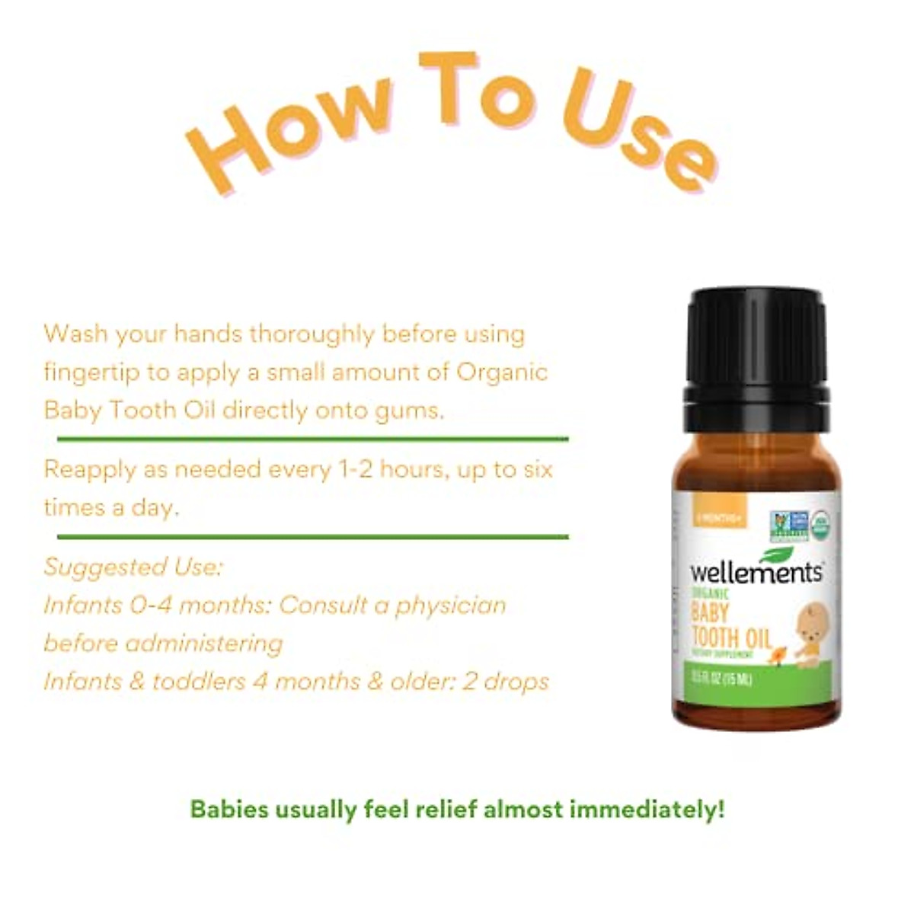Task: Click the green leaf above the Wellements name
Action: click(x=777, y=554)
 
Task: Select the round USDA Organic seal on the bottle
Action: click(x=820, y=526)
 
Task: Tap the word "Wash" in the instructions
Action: click(x=73, y=334)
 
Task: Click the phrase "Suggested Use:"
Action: click(x=133, y=567)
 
